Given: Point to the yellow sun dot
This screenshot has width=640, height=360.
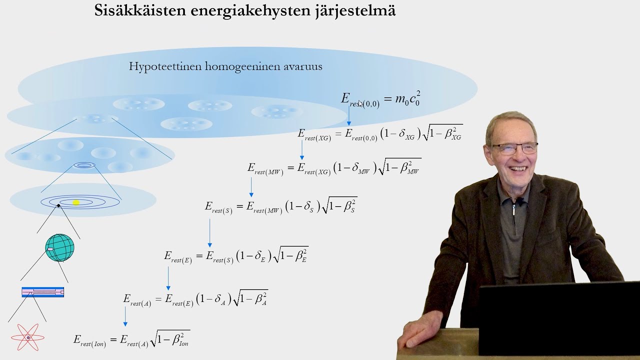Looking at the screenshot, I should point(76,202).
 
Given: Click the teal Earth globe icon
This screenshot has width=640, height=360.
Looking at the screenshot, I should point(59,247).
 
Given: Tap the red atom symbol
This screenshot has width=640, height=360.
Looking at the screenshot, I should point(28,337).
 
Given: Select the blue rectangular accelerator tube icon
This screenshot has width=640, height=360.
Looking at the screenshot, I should point(43,292).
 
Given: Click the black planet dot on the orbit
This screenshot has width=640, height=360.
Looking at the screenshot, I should point(58,205).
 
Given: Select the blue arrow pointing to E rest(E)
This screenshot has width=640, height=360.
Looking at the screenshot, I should point(209,232).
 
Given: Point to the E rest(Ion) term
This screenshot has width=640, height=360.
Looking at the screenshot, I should point(90,340).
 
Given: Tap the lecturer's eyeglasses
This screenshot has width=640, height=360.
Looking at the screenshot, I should point(514,148).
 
